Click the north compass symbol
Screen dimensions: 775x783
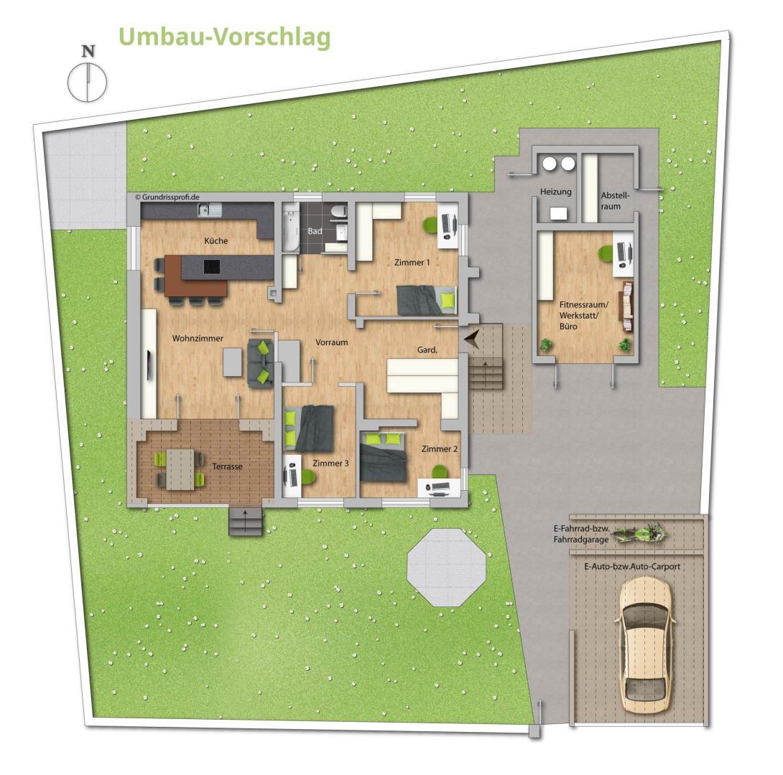coord(87,80)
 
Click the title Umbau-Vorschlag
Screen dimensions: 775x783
coord(224,37)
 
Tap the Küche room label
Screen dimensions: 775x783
coord(216,241)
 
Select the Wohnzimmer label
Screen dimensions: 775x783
coord(198,339)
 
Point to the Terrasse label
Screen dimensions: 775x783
coord(227,466)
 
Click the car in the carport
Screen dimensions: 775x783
coord(646,644)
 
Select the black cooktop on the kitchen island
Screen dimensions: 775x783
coord(213,267)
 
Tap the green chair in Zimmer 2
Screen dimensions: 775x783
coord(437,471)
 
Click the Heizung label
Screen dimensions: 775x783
coord(555,192)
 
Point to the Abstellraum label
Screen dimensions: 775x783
coord(615,200)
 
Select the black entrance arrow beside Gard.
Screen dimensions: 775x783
coord(472,339)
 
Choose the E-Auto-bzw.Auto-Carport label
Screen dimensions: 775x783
coord(632,566)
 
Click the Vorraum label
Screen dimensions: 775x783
coord(332,342)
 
